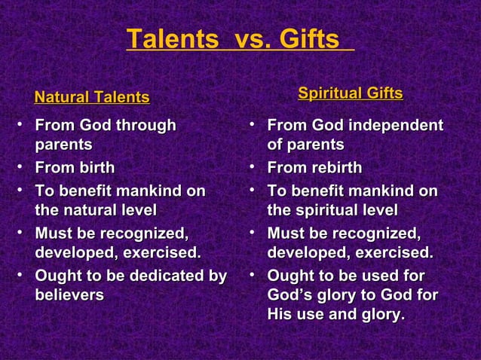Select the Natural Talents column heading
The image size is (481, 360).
(x=92, y=97)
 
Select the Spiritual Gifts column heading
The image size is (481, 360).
(x=350, y=94)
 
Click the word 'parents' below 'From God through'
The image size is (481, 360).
(x=64, y=144)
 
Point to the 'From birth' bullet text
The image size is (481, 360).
(x=75, y=167)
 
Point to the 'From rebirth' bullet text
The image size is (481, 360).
(x=314, y=167)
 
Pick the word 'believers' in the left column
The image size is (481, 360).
(x=69, y=294)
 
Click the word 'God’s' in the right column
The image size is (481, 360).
(x=290, y=294)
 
